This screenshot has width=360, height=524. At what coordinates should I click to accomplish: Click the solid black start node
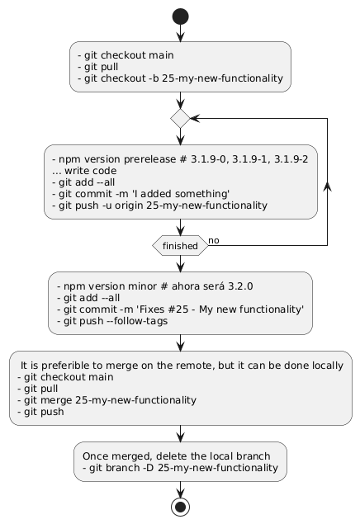(180, 17)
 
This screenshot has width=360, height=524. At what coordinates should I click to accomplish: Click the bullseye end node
(180, 507)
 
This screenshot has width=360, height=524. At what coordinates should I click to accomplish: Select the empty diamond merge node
(180, 118)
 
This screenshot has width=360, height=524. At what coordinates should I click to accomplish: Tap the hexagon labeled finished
(180, 246)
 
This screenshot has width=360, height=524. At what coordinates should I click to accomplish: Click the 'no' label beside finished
(214, 241)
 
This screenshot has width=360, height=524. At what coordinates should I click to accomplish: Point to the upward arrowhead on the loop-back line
(327, 187)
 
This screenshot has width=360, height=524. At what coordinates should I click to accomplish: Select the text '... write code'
(84, 171)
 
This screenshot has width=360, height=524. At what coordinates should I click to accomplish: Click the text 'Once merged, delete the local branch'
(176, 456)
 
